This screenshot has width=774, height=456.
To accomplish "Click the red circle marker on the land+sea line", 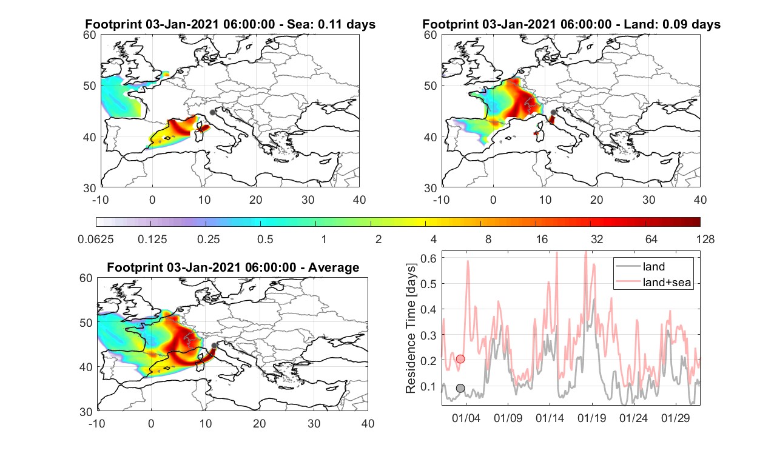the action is pyautogui.click(x=460, y=359).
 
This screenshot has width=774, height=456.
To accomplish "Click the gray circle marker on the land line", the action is pyautogui.click(x=460, y=388).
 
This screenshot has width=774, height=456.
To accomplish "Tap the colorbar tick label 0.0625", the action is pyautogui.click(x=96, y=239).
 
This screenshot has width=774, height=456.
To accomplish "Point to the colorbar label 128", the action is pyautogui.click(x=705, y=239).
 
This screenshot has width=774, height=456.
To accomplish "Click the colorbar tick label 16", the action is pyautogui.click(x=542, y=239).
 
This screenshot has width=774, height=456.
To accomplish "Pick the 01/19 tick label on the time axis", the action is pyautogui.click(x=591, y=418).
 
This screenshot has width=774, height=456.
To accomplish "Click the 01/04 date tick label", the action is pyautogui.click(x=466, y=418).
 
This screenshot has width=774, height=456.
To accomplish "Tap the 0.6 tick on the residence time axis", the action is pyautogui.click(x=428, y=258).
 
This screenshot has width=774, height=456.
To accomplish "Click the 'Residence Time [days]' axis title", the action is pyautogui.click(x=410, y=329).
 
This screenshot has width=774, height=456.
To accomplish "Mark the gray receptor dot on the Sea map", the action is pyautogui.click(x=212, y=112).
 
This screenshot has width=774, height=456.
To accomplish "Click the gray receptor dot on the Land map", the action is pyautogui.click(x=554, y=112).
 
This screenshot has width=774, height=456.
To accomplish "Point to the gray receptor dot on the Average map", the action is pyautogui.click(x=214, y=346).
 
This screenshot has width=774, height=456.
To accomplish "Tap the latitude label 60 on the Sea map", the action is pyautogui.click(x=90, y=35).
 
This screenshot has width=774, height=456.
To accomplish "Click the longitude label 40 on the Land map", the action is pyautogui.click(x=700, y=199).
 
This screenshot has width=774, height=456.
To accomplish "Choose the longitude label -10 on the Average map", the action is pyautogui.click(x=97, y=423).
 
